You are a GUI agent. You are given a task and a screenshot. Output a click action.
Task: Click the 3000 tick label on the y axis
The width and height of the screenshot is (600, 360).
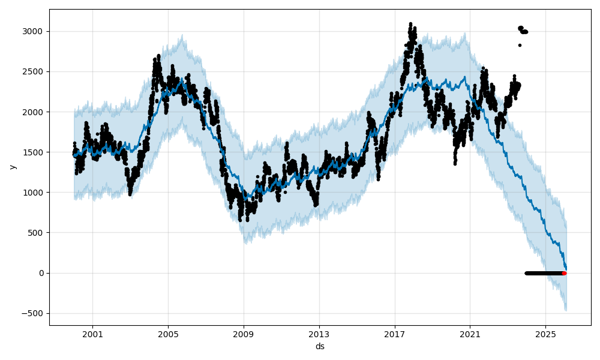[x=34, y=31]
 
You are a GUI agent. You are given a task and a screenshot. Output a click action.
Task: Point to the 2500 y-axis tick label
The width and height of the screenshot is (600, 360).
[x=34, y=71]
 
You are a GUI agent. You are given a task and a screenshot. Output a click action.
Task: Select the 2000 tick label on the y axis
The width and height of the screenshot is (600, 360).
[x=34, y=112]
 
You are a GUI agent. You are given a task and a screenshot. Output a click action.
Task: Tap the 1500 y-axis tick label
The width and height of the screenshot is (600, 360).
[x=34, y=152]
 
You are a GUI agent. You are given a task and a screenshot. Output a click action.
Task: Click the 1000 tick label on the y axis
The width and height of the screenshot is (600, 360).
[x=34, y=193]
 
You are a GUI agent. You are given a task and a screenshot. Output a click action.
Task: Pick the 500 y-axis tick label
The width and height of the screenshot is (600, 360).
[x=37, y=233]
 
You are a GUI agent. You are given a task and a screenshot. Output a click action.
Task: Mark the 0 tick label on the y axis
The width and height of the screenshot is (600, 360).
[x=41, y=273]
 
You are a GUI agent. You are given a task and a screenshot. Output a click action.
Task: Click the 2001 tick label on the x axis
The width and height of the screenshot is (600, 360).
[x=92, y=334]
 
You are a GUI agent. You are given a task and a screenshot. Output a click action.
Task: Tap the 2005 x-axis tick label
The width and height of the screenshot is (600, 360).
[x=168, y=334]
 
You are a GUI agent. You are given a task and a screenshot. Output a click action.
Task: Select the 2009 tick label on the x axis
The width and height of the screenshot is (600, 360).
[x=244, y=334]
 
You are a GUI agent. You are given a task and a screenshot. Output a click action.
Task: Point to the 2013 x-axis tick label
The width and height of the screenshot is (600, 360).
[x=319, y=334]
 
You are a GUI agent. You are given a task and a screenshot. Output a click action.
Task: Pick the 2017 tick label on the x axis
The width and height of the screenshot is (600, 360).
[x=395, y=334]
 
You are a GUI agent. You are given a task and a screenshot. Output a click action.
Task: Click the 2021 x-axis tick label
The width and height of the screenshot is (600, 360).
[x=470, y=334]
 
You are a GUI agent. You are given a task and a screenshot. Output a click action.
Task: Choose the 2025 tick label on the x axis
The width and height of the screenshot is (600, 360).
[x=545, y=334]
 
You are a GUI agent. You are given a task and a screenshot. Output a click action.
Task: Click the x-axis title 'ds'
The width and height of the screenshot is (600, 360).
[x=320, y=346]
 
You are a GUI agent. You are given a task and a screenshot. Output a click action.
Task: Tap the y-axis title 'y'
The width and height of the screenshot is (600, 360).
[x=11, y=167]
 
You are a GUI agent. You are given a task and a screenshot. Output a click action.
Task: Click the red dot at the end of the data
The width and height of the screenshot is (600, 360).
[x=564, y=273]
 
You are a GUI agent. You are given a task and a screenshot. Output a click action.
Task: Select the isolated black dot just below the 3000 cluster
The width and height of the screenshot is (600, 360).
[x=520, y=45]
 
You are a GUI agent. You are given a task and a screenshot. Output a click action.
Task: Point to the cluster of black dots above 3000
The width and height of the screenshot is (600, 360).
[x=523, y=30]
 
